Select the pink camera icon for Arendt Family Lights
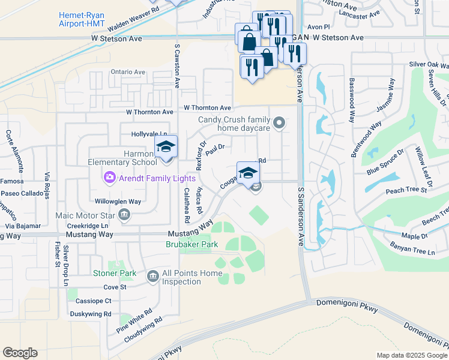(109, 178)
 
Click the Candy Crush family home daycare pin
(279, 124)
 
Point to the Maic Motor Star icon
(124, 214)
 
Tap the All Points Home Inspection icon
(152, 276)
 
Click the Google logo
(20, 352)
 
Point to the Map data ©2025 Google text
(412, 355)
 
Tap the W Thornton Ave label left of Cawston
(149, 112)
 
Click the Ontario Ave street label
(128, 72)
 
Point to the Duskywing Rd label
(91, 314)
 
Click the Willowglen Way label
(118, 202)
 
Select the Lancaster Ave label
(360, 13)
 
